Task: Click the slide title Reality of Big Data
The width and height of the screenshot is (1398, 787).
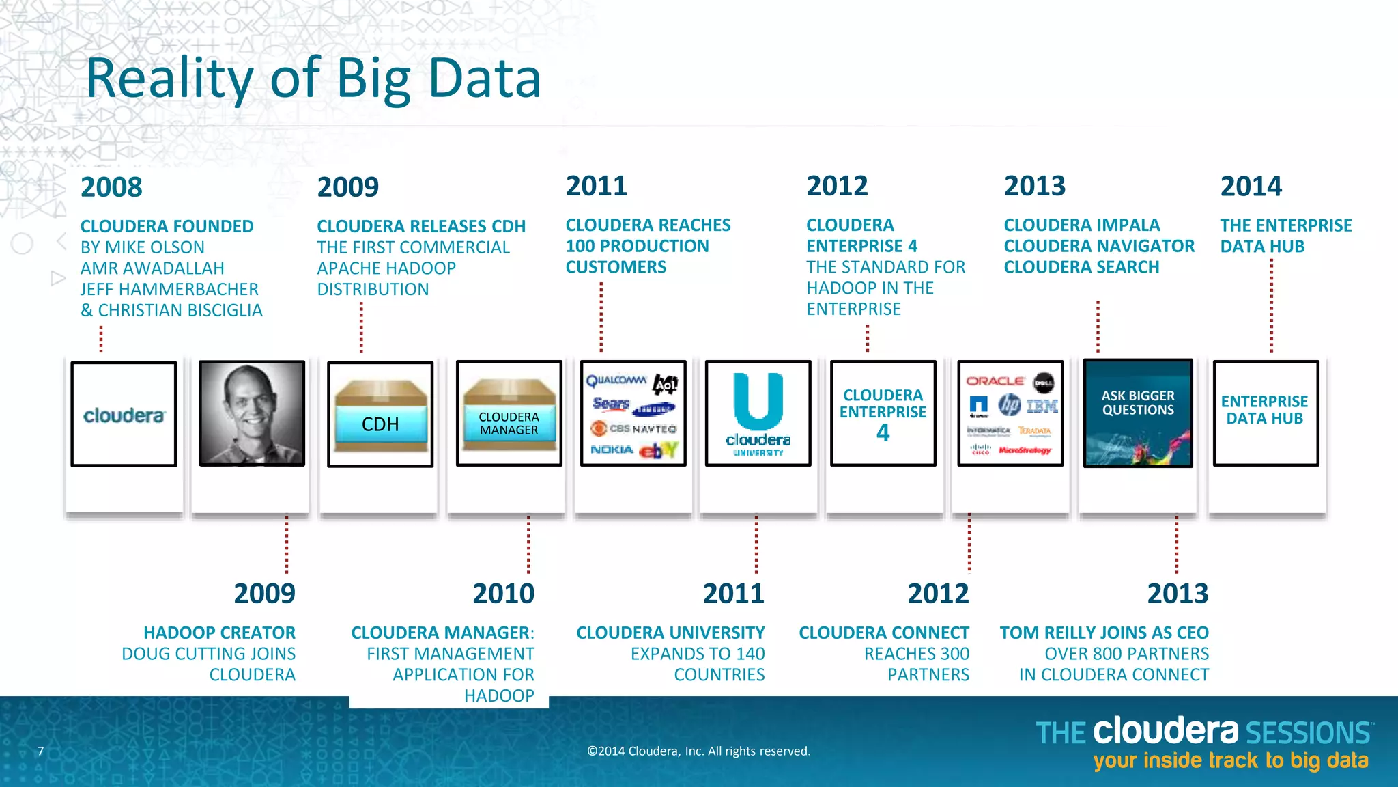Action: point(313,79)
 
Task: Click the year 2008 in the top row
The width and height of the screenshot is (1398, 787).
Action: point(111,187)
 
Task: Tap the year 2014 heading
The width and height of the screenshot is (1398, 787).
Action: point(1251,186)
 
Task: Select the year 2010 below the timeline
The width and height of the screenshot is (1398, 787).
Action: point(503,594)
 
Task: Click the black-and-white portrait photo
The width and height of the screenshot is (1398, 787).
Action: point(252,413)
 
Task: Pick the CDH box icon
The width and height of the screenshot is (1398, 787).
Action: point(380,415)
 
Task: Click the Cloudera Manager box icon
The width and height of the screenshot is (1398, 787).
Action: point(509,415)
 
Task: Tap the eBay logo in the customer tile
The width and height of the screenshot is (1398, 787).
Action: point(659,450)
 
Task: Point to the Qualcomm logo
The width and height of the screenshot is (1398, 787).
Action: point(616,381)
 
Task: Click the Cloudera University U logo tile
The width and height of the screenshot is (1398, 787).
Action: point(758,413)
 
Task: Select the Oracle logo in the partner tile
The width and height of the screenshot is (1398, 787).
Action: point(995,381)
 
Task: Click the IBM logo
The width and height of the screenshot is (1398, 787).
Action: point(1042,406)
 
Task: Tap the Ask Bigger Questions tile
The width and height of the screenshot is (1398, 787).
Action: point(1138,413)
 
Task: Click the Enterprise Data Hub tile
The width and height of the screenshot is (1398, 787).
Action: point(1265,413)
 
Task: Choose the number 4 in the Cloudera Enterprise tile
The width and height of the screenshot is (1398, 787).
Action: point(883,433)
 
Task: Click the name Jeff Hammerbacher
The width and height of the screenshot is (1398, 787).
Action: point(169,289)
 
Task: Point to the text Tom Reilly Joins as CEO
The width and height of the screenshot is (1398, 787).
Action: point(1104,633)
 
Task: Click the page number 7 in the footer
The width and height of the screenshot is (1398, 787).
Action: point(41,751)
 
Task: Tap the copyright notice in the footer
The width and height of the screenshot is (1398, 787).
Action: point(698,751)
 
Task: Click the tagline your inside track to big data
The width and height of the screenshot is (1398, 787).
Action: point(1230,760)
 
